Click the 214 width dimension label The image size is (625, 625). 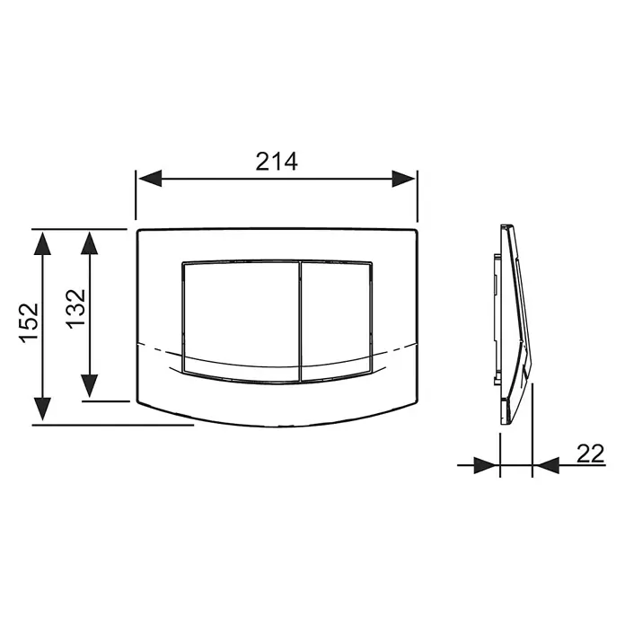pyautogui.click(x=277, y=162)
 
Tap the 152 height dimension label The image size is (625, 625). pyautogui.click(x=30, y=323)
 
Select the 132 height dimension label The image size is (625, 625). pyautogui.click(x=75, y=309)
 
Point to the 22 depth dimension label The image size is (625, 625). pyautogui.click(x=590, y=453)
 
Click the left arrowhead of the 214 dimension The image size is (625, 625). pyautogui.click(x=150, y=178)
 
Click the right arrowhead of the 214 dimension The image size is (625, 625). pyautogui.click(x=403, y=179)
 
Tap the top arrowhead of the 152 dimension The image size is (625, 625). pyautogui.click(x=42, y=243)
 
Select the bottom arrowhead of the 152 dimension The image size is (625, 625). pyautogui.click(x=42, y=409)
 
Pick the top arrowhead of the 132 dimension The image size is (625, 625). pyautogui.click(x=89, y=243)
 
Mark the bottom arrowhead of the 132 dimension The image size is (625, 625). pyautogui.click(x=89, y=386)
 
